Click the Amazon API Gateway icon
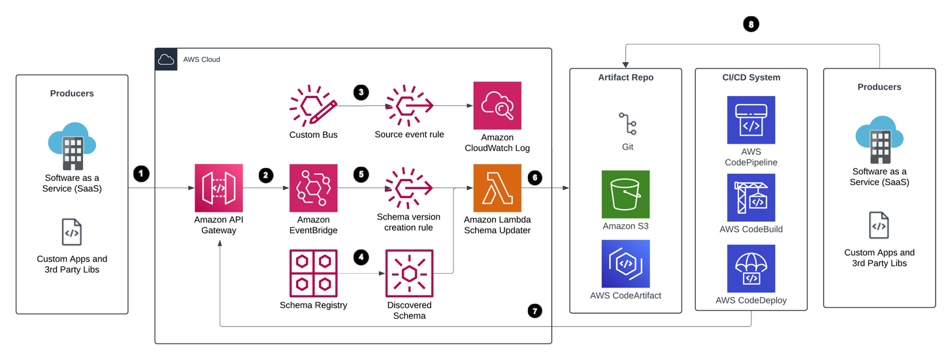(x=218, y=188)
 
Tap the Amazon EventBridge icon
(x=314, y=188)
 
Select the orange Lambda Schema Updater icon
(x=497, y=188)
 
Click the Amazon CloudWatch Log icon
(x=497, y=106)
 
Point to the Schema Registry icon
(x=314, y=273)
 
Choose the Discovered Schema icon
(x=409, y=273)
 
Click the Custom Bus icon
(x=314, y=106)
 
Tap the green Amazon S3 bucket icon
(x=625, y=194)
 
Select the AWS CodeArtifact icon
(x=625, y=264)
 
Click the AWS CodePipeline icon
(x=751, y=120)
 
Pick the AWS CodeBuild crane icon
(x=751, y=197)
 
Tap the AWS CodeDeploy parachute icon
(x=751, y=269)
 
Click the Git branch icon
(x=627, y=123)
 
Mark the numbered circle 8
(x=751, y=24)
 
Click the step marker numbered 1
(x=141, y=174)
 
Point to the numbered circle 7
(x=534, y=311)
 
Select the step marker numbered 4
(x=361, y=257)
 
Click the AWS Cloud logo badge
(x=166, y=59)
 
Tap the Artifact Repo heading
(x=625, y=77)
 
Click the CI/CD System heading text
(x=751, y=77)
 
